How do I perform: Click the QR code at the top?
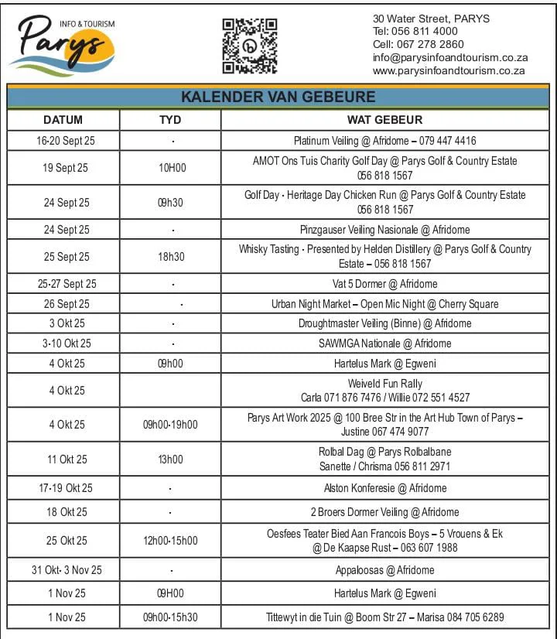point(249,46)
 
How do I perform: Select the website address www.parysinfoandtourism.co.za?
point(449,70)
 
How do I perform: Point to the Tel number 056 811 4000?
point(415,32)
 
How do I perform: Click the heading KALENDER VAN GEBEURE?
point(278,97)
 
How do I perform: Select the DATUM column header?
point(63,120)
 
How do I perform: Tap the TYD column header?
point(170,120)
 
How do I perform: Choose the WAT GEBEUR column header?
point(384,120)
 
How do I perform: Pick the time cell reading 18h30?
point(171,257)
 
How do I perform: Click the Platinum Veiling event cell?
point(384,141)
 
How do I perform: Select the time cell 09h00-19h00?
point(170,425)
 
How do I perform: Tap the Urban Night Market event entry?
point(384,304)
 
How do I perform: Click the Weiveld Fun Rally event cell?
point(384,391)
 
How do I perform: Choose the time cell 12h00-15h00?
point(170,541)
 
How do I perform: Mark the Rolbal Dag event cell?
point(384,459)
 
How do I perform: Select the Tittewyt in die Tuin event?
point(384,617)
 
